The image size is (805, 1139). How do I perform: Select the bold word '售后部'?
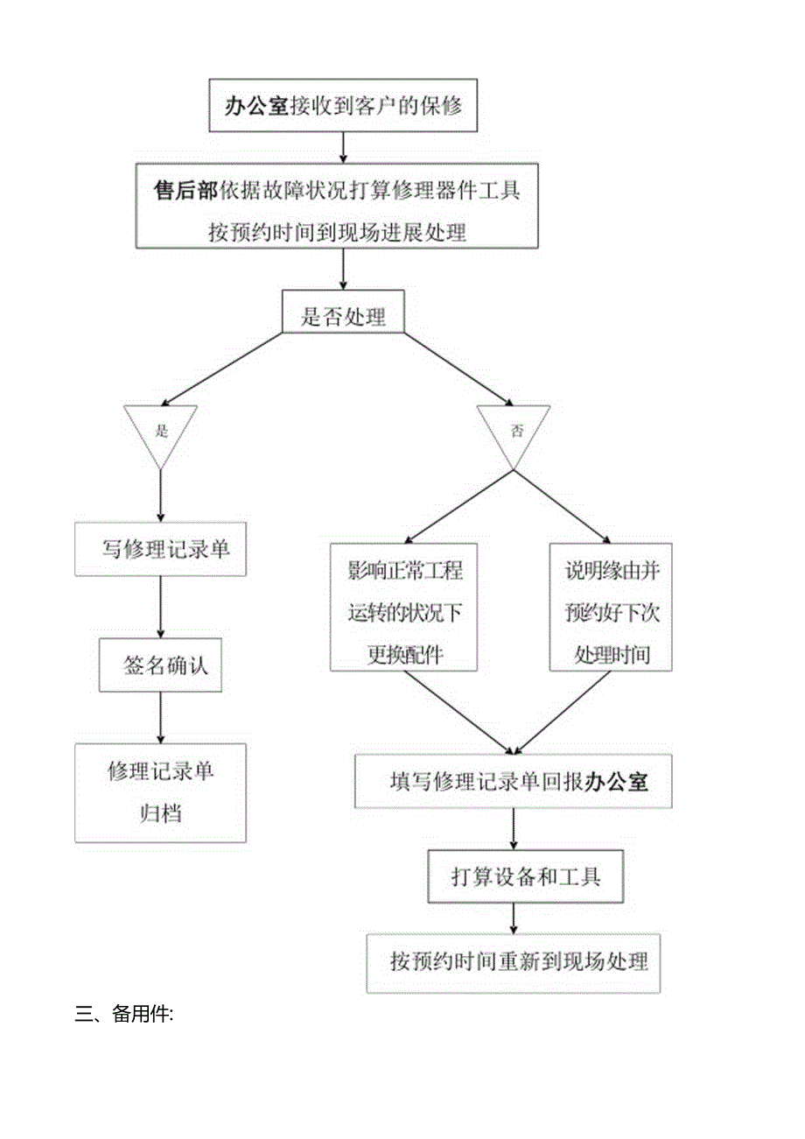click(187, 191)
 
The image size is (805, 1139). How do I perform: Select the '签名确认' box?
click(160, 665)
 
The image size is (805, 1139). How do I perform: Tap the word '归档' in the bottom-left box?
click(160, 812)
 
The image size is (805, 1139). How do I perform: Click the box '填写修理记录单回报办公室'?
click(514, 781)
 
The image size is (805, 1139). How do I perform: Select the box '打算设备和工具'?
click(525, 876)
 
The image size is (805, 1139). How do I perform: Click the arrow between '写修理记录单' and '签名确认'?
click(160, 607)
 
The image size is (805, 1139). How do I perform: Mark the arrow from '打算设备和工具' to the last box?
click(514, 918)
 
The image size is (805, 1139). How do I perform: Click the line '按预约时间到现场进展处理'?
click(337, 232)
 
